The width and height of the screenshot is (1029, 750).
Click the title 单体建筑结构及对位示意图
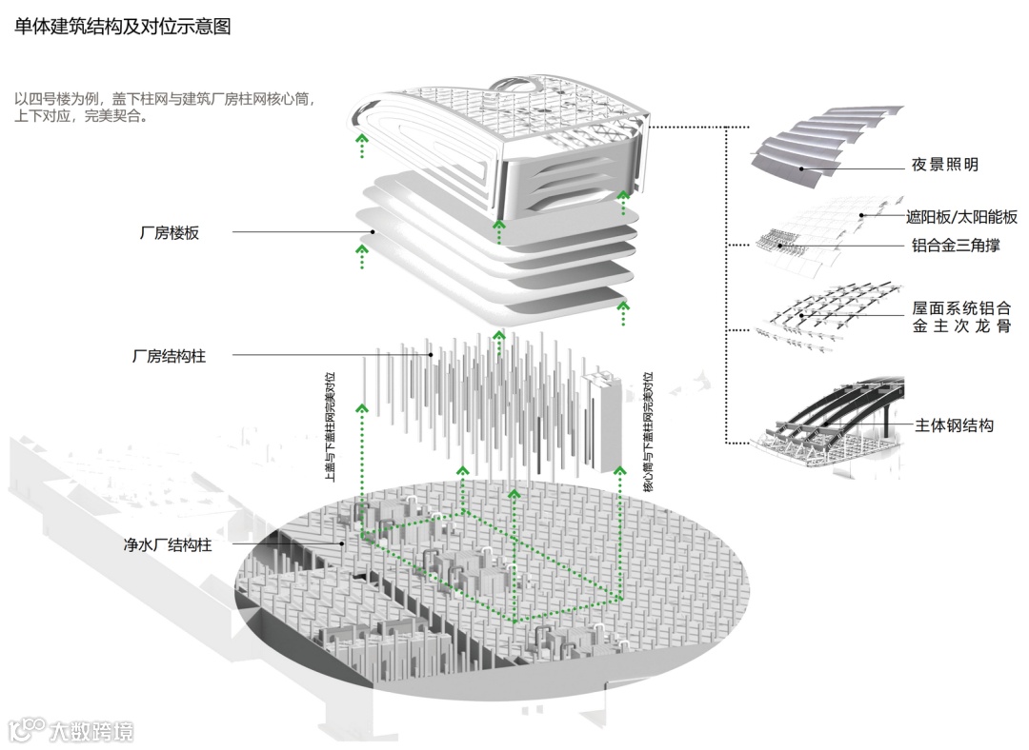pyautogui.click(x=122, y=27)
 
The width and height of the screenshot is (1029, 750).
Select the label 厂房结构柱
pyautogui.click(x=168, y=357)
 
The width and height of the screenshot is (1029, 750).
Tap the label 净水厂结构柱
pyautogui.click(x=167, y=545)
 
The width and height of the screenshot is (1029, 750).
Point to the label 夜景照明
pyautogui.click(x=944, y=165)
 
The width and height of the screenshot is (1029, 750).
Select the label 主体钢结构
pyautogui.click(x=954, y=425)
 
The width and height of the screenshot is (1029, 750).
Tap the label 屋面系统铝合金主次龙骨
pyautogui.click(x=960, y=317)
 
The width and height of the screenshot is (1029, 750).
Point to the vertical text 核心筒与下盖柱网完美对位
pyautogui.click(x=648, y=431)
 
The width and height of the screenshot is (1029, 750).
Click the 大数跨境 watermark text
pyautogui.click(x=91, y=731)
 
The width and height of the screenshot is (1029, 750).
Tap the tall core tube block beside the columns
pyautogui.click(x=603, y=419)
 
